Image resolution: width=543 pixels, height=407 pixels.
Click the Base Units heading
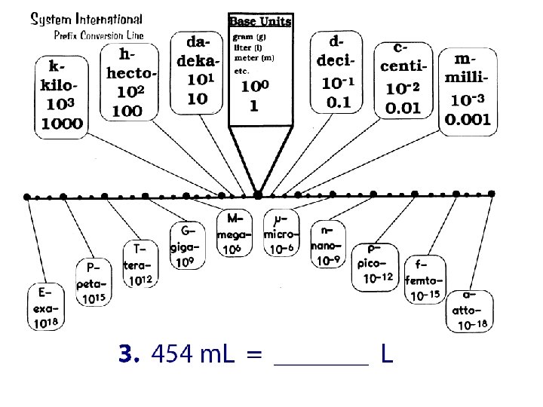point(259,20)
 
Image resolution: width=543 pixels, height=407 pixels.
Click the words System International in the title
point(85,19)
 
